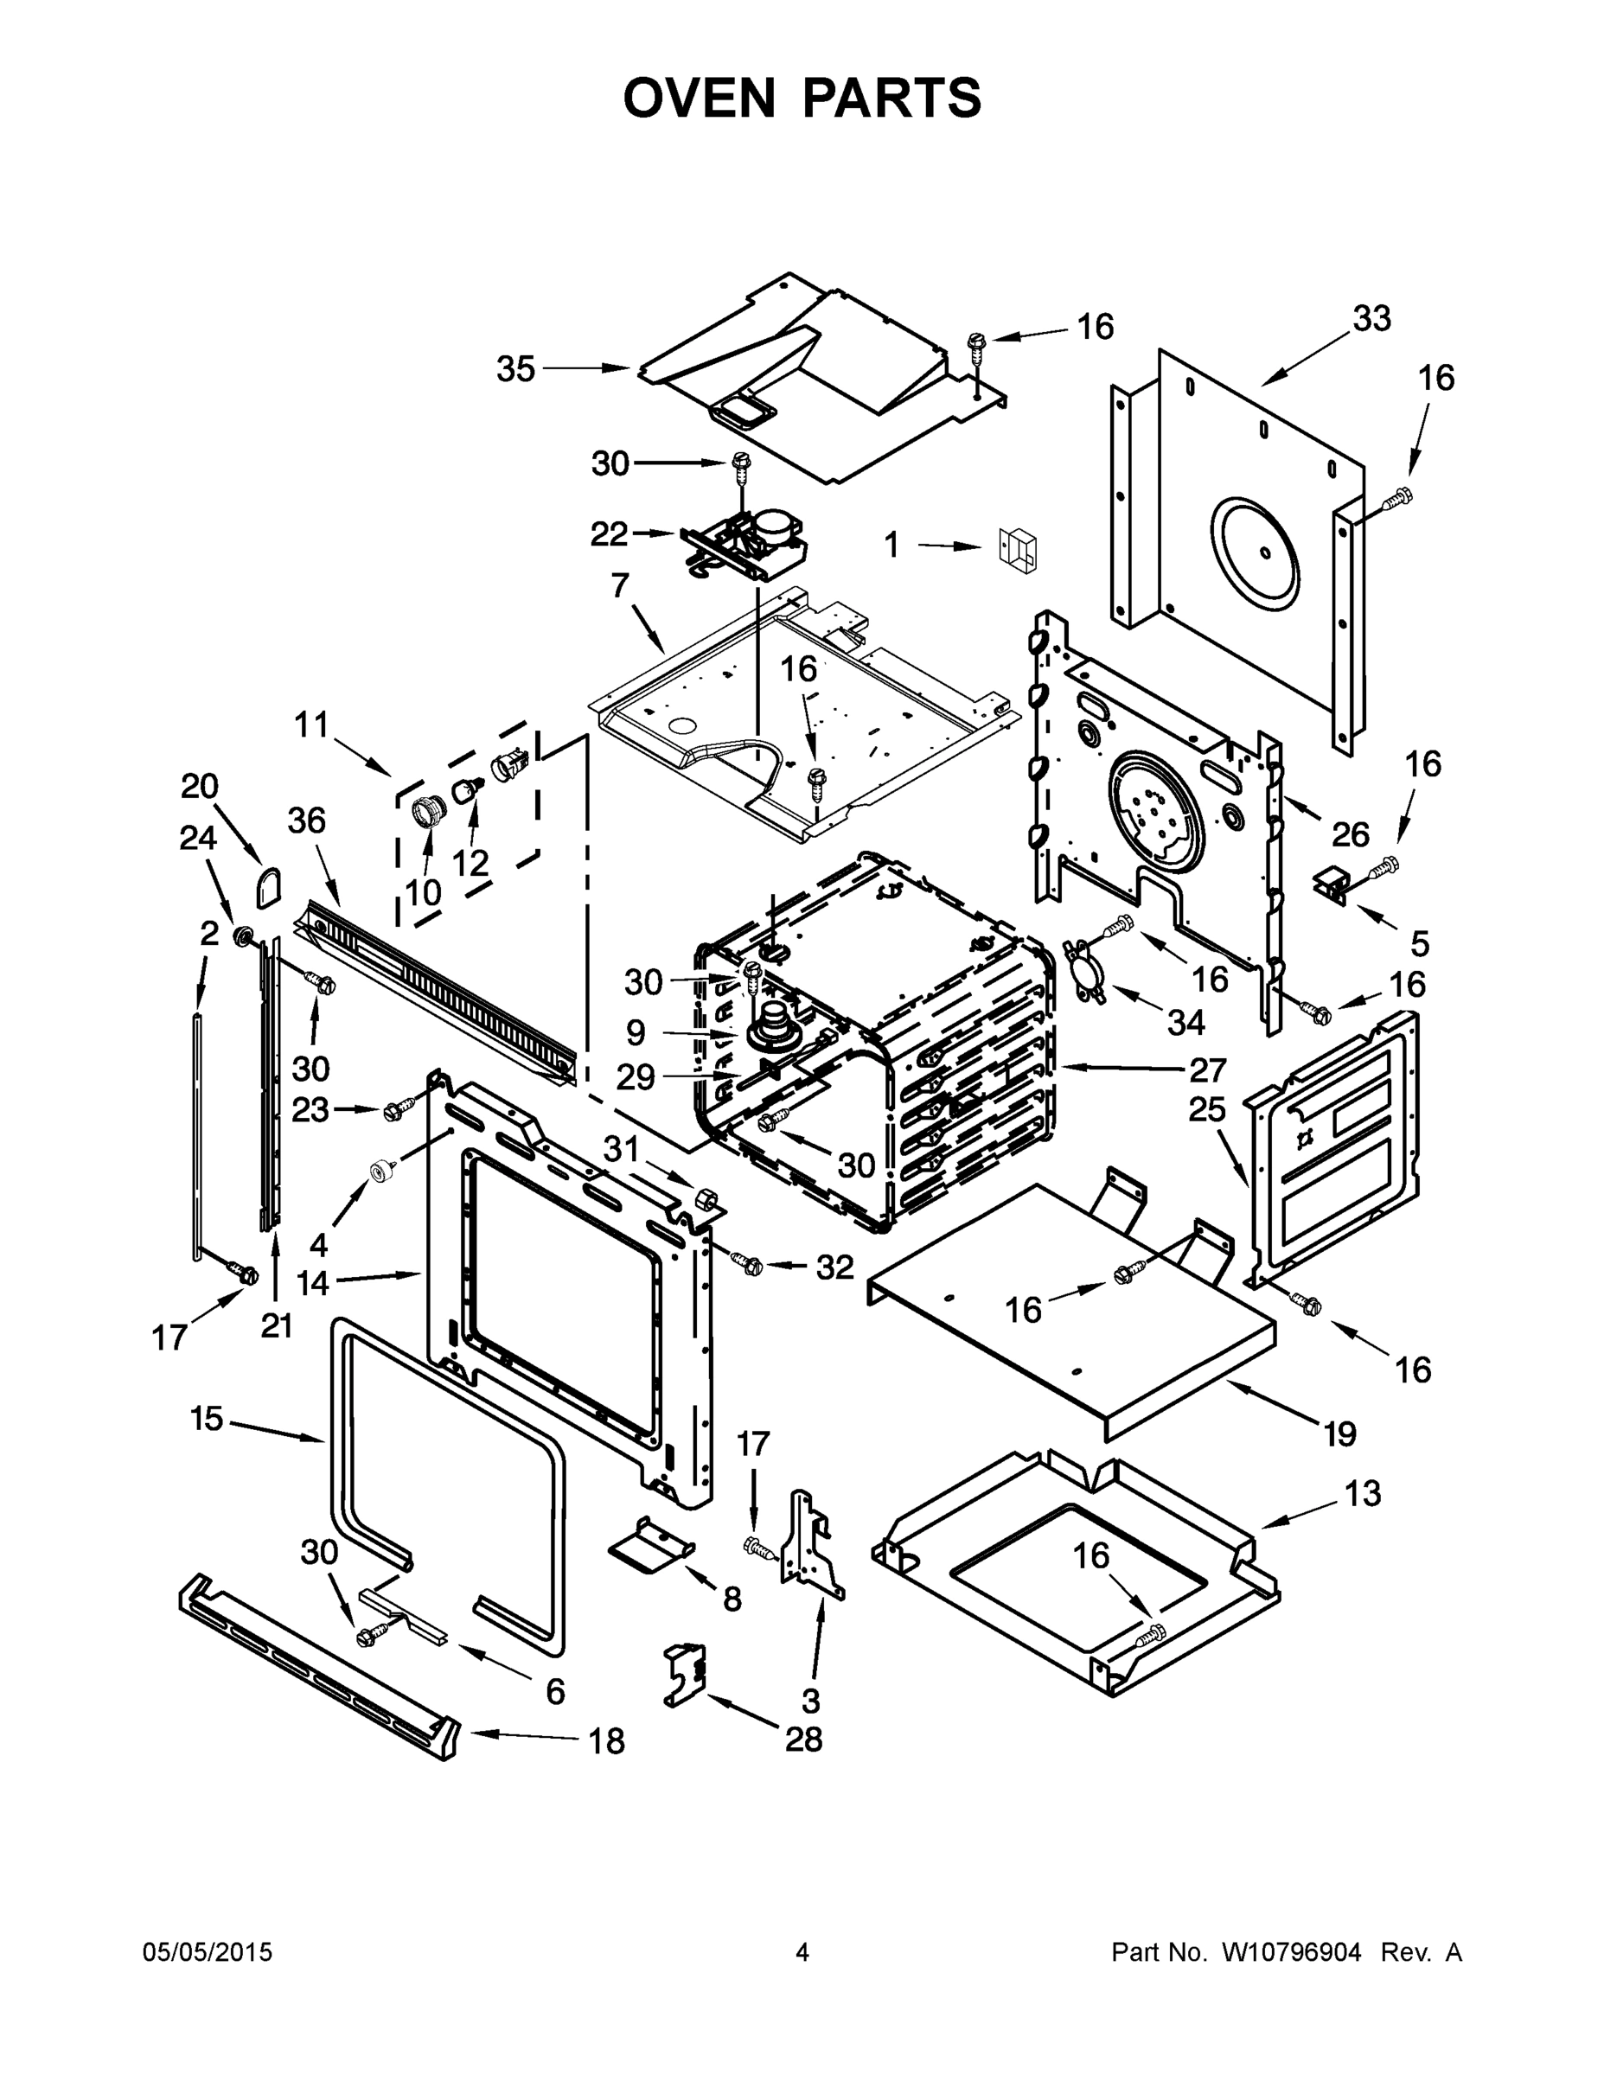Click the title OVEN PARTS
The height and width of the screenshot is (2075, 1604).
click(802, 98)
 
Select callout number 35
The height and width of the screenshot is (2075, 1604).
click(516, 368)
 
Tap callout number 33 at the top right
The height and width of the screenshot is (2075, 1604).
click(1371, 319)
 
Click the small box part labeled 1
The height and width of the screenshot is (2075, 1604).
click(1018, 549)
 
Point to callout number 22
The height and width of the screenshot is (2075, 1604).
click(609, 534)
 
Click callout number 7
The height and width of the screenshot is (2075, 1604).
click(620, 586)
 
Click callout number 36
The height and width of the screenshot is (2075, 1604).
click(307, 820)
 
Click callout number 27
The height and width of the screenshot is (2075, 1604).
click(1207, 1069)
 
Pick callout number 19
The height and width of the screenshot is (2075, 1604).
click(1339, 1433)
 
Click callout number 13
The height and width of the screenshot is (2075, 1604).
click(1363, 1493)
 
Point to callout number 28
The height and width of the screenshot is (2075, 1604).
click(803, 1740)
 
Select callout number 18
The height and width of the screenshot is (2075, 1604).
click(606, 1741)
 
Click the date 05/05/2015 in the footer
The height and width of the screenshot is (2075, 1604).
click(208, 1952)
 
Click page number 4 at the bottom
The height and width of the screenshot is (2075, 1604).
click(802, 1952)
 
